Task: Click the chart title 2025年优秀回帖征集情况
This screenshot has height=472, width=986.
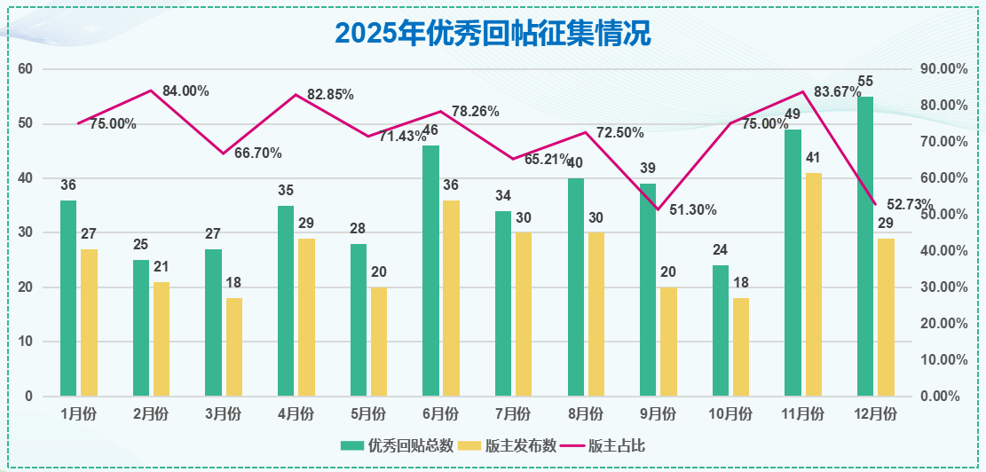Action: (493, 33)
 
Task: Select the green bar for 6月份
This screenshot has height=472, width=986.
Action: (430, 271)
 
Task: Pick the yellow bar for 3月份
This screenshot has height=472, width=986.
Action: (233, 347)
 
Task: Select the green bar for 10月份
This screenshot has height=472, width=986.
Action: (721, 330)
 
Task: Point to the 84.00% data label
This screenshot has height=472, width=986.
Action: (185, 90)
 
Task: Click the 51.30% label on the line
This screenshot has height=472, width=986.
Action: (693, 210)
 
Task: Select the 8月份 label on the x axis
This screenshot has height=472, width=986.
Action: (586, 413)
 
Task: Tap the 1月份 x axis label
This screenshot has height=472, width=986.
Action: (79, 413)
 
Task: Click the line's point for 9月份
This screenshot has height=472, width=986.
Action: (658, 209)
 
